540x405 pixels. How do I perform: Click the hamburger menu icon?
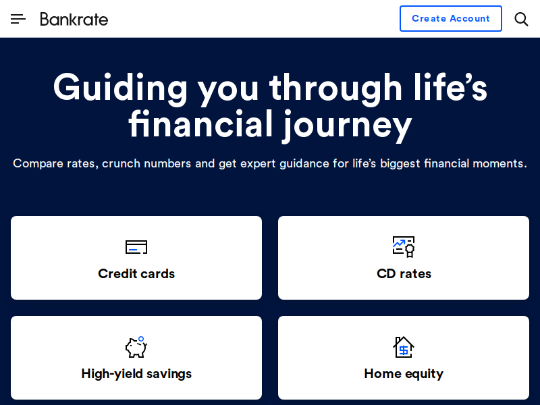18,19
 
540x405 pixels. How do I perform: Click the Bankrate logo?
74,20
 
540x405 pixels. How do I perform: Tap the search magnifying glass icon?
521,20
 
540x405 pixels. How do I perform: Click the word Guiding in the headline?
120,88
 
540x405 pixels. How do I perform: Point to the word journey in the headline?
347,126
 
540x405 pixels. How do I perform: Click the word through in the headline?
335,88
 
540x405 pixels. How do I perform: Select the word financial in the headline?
201,123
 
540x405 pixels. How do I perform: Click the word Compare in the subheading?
38,163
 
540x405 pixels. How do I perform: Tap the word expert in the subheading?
258,163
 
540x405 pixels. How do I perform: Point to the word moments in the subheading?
500,163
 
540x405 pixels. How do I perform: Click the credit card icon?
136,247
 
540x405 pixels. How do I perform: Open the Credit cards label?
136,274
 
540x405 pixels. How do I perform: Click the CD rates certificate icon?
404,246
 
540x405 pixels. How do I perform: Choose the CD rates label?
404,274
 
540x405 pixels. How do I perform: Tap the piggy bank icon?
136,347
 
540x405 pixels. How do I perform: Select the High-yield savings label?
136,374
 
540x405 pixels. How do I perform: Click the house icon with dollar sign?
404,347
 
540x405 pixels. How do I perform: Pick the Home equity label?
404,374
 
